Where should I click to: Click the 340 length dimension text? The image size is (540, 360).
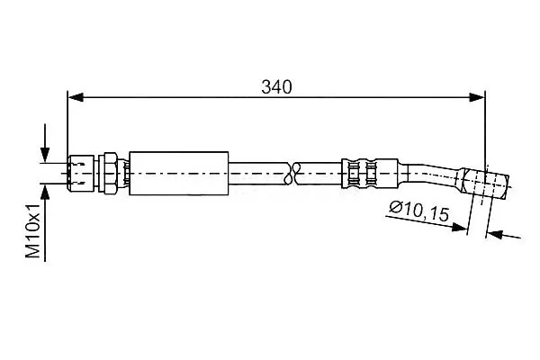276,87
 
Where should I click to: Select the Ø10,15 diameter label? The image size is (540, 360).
419,211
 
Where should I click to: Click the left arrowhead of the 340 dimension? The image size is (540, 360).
76,97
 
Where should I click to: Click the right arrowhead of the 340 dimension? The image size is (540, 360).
477,97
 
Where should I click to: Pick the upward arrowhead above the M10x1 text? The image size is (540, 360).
45,192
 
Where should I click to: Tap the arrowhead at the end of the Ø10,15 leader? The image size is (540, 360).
460,227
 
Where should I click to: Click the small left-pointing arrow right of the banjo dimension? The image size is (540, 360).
504,235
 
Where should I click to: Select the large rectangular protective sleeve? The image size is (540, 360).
179,174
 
